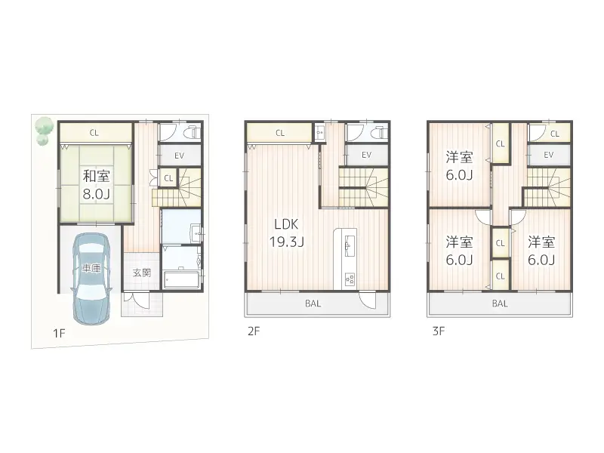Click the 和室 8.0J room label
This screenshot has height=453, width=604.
pos(95,183)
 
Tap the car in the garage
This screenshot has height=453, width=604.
pos(91,275)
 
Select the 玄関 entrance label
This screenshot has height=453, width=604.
pos(142,273)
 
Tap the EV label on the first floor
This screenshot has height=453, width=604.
pos(179,156)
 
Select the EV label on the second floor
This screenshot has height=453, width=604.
pos(366,156)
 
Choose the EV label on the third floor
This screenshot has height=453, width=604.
pos(549,156)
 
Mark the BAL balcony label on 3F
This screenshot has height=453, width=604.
pos(500,304)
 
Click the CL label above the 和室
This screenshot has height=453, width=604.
pos(94,134)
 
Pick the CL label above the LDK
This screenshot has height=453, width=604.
pos(280,134)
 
